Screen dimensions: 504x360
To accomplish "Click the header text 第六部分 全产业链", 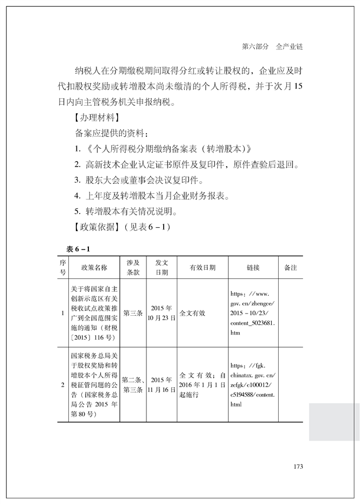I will click(271, 47).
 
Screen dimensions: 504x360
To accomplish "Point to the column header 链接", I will click(253, 267).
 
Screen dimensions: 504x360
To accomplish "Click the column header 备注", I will click(291, 267).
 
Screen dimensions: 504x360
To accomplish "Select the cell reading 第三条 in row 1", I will click(133, 313).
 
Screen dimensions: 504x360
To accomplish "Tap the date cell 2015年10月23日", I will click(162, 313).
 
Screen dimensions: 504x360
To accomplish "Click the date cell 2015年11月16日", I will click(162, 385).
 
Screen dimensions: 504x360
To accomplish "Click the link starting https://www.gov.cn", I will click(253, 313).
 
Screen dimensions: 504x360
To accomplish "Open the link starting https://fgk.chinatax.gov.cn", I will click(253, 385).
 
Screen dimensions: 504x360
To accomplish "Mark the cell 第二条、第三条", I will click(133, 385).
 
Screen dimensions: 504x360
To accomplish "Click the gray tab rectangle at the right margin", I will click(334, 422).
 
